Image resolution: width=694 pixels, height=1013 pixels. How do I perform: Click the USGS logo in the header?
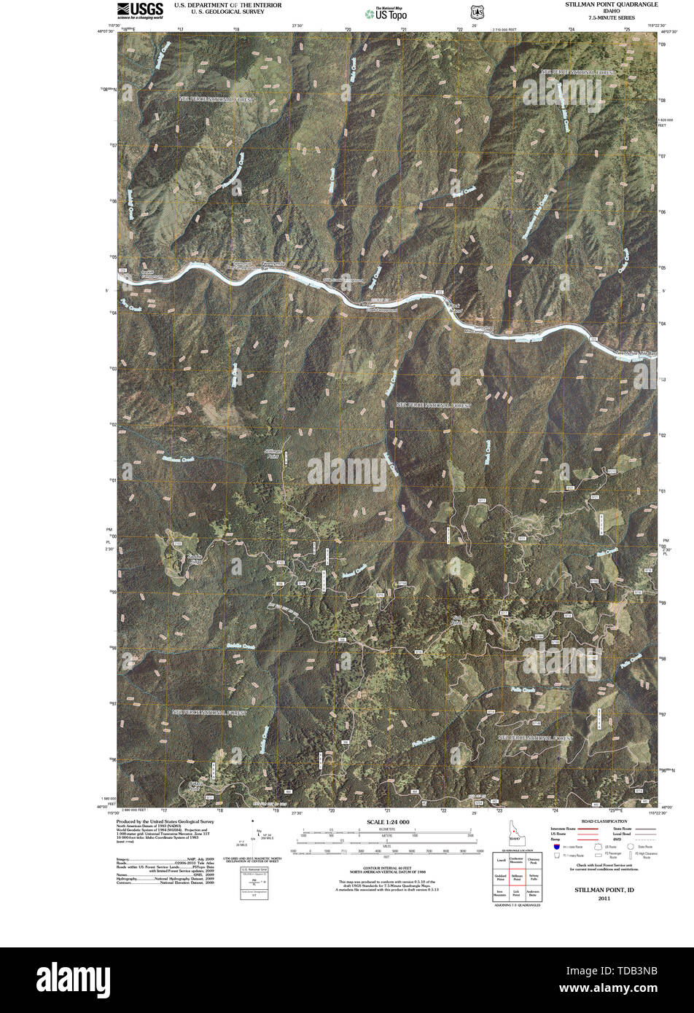click(140, 9)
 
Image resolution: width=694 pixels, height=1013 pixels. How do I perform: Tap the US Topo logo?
click(386, 12)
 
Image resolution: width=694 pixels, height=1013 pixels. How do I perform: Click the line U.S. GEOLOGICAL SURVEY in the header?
click(217, 12)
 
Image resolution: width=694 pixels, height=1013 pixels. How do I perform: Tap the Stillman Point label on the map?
click(273, 453)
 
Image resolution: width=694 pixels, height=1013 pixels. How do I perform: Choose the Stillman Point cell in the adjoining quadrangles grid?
click(517, 878)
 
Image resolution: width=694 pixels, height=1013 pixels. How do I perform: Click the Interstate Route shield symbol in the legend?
click(556, 848)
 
